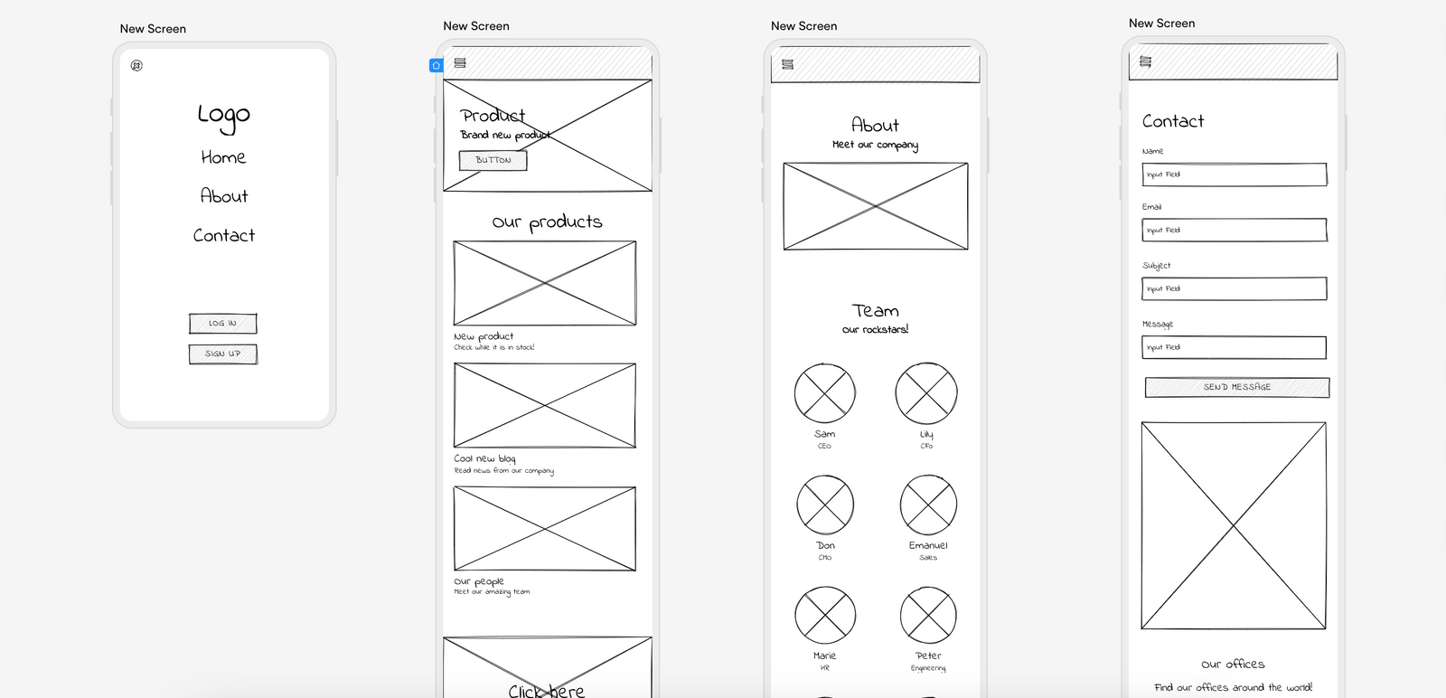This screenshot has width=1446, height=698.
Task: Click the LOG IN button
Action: click(222, 324)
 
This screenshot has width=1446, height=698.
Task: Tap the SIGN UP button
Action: click(222, 354)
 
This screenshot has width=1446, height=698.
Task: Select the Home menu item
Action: click(223, 157)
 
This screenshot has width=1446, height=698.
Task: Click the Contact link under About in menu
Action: click(223, 235)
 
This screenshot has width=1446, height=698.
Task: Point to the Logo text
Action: click(223, 115)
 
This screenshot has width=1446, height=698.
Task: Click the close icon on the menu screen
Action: click(136, 66)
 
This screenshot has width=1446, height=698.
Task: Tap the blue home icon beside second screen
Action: click(436, 65)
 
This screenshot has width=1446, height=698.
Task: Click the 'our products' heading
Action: click(547, 222)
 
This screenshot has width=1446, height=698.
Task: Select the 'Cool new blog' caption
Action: click(484, 458)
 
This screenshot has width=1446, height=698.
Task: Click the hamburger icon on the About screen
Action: click(787, 64)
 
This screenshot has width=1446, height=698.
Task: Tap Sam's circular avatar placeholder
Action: click(824, 393)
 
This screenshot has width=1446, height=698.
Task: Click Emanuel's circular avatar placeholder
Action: click(928, 505)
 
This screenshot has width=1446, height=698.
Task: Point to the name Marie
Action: click(824, 656)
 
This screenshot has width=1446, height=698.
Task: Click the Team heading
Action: click(875, 311)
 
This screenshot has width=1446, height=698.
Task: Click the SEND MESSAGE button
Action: click(1236, 388)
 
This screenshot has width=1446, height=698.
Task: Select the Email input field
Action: click(1234, 231)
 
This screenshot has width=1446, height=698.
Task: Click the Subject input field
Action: click(1234, 289)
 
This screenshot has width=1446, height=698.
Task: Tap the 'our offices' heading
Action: click(1233, 665)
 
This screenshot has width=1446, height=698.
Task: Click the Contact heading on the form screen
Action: click(1172, 121)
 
